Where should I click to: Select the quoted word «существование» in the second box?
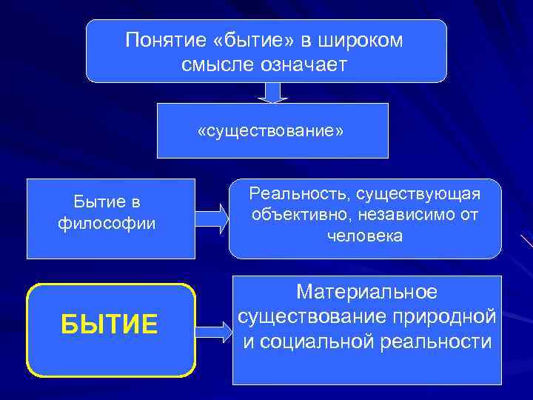point(272,131)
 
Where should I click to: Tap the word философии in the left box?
point(107,223)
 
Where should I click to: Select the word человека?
point(365,237)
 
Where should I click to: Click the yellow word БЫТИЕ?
point(110,324)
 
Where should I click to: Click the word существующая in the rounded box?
point(418,194)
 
